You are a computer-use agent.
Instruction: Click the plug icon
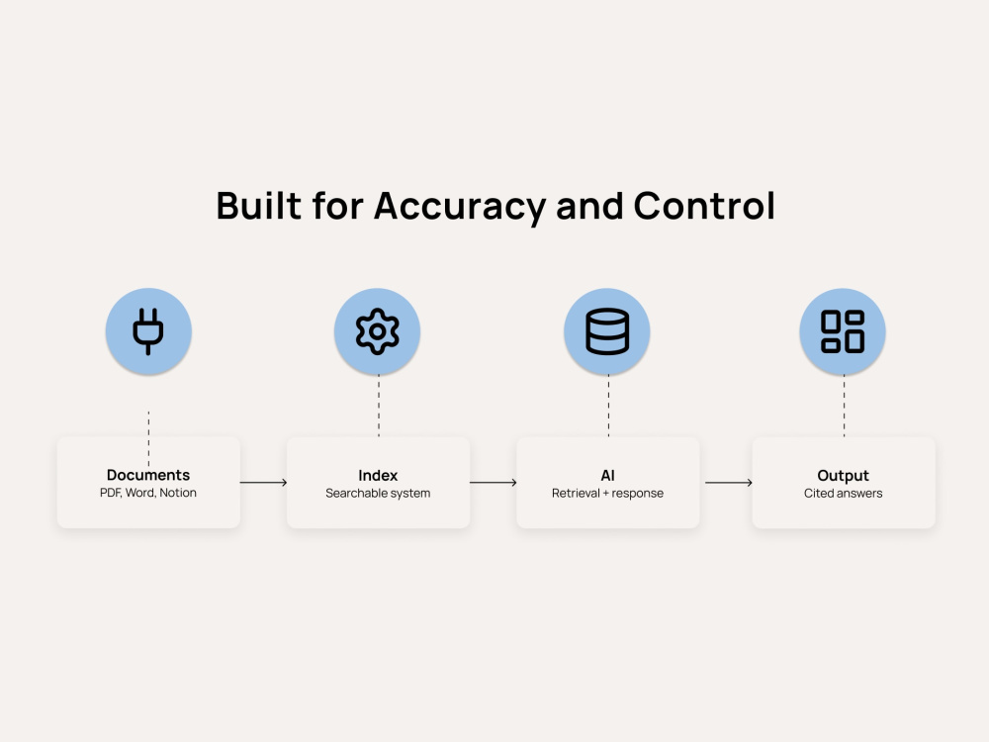tap(148, 331)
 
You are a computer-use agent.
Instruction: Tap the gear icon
tap(377, 331)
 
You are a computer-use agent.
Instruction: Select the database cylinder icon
tap(607, 331)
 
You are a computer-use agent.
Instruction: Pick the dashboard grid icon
tap(843, 331)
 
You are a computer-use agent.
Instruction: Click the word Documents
tap(148, 475)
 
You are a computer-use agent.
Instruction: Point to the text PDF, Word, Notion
tap(148, 493)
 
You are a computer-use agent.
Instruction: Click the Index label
tap(378, 475)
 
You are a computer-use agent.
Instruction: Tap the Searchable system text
tap(378, 494)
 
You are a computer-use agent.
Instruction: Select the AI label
tap(607, 475)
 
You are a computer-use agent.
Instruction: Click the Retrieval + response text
tap(607, 494)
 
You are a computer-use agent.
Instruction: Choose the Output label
tap(843, 475)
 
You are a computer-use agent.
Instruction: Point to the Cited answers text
tap(843, 494)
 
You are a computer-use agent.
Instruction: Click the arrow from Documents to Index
tap(264, 483)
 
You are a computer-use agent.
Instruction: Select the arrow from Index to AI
tap(494, 483)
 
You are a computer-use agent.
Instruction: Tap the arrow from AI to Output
tap(729, 483)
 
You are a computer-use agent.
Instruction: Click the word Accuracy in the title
tap(460, 207)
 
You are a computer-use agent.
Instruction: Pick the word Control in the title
tap(704, 206)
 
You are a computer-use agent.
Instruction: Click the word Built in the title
tap(258, 206)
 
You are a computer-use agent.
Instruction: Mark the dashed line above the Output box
tap(844, 406)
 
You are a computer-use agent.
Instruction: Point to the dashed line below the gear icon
tap(379, 406)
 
